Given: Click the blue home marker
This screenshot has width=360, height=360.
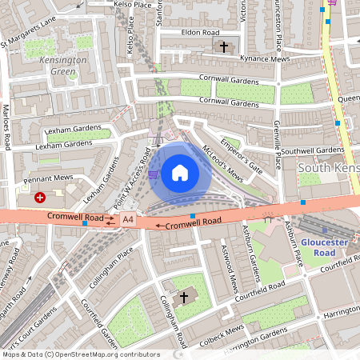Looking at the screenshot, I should click(180, 172).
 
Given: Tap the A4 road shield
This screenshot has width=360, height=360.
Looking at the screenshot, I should click(128, 218).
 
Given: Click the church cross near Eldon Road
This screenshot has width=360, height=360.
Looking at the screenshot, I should click(224, 47).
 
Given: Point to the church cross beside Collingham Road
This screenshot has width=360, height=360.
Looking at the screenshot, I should click(184, 298).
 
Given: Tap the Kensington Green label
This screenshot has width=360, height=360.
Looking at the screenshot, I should click(63, 66).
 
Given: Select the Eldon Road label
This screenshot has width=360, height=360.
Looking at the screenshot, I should click(199, 33).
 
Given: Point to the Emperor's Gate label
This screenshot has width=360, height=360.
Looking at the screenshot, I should click(245, 156).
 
